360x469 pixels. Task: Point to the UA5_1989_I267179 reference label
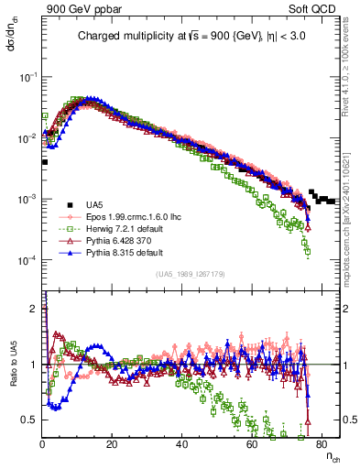tap(191, 274)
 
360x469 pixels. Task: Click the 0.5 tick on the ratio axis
tap(30, 420)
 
